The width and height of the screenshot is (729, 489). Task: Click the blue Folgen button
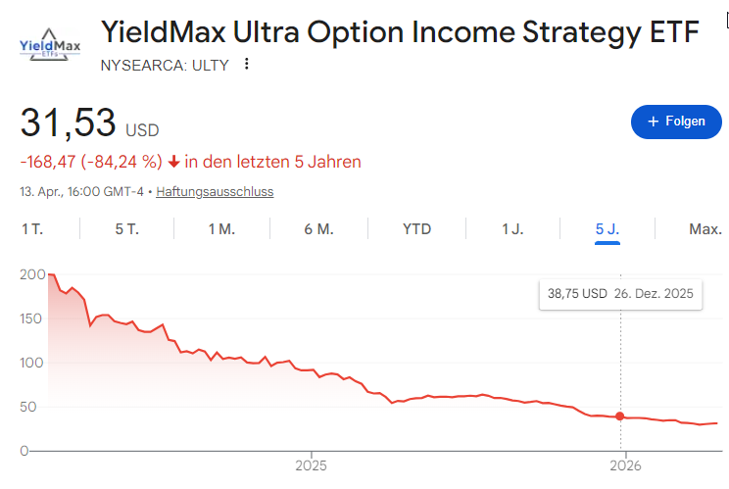[x=675, y=122]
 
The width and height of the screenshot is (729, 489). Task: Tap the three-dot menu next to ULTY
[x=247, y=65]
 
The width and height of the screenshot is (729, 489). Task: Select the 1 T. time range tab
[x=33, y=229]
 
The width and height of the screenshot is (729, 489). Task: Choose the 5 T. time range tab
[x=126, y=229]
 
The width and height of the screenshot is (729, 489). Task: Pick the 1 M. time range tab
[x=221, y=229]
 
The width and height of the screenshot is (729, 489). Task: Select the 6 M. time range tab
[x=319, y=229]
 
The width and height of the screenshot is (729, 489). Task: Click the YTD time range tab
[x=416, y=229]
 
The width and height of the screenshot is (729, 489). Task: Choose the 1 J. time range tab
[x=512, y=229]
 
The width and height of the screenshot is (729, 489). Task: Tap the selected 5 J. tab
[x=607, y=229]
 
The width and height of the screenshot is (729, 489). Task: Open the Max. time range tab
[x=705, y=229]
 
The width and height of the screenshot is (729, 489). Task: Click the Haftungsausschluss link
[x=215, y=192]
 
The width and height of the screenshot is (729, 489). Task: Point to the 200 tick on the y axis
[x=31, y=274]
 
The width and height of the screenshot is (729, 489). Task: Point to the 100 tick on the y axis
[x=31, y=363]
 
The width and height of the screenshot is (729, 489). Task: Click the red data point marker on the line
[x=619, y=416]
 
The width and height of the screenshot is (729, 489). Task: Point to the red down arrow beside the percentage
[x=173, y=162]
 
